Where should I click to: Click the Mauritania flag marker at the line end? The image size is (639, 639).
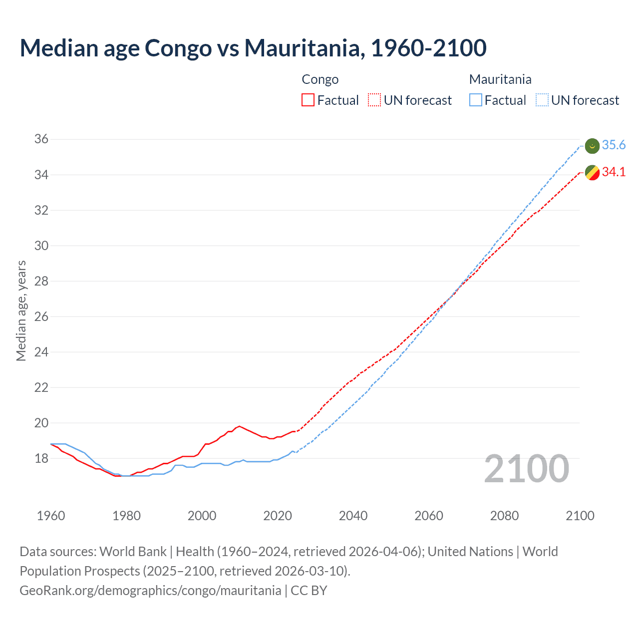coord(592,146)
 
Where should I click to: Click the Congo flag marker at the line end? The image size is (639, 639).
coord(592,173)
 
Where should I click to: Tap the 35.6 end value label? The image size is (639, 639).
coord(614,145)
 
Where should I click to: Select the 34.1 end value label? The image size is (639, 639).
coord(614,172)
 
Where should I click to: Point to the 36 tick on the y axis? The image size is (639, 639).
coord(41,139)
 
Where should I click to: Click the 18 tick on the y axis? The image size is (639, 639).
coord(41,458)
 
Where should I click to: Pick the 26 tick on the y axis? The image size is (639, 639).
coord(41,317)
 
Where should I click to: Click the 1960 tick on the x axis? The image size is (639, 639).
coord(51,516)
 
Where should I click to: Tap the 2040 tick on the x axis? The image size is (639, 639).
coord(353,516)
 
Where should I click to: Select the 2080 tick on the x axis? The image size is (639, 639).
coord(504,516)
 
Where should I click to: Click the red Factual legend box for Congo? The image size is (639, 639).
coord(308,100)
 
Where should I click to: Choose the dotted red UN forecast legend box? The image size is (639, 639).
coord(374,100)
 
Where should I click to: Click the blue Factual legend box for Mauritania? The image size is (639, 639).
coord(476,100)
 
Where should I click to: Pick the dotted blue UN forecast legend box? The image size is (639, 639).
coord(542,100)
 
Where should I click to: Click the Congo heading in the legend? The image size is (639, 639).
coord(320,79)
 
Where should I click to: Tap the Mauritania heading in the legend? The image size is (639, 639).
coord(500,79)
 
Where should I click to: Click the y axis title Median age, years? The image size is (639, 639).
coord(21,311)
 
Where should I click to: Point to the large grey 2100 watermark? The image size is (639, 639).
coord(526,469)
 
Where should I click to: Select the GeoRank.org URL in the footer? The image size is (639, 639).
coord(150,591)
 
